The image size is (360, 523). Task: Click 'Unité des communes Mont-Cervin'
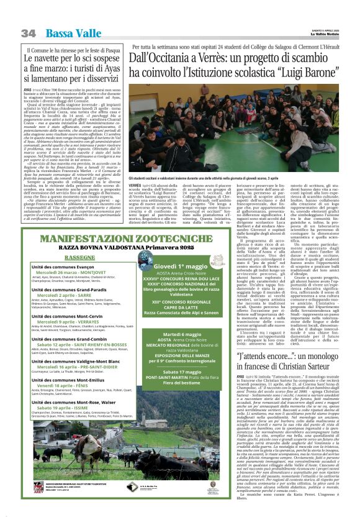click(x=68, y=316)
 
